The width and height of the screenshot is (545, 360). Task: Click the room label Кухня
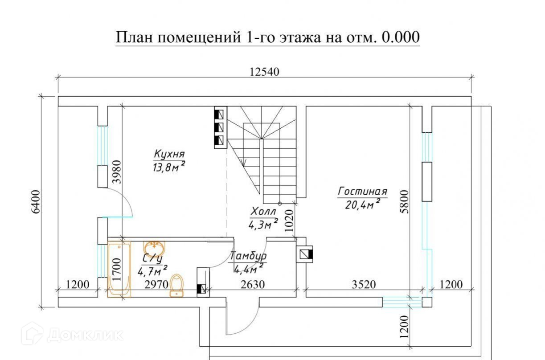pyautogui.click(x=169, y=154)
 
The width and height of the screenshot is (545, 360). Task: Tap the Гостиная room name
pyautogui.click(x=362, y=192)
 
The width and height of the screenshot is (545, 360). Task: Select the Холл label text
pyautogui.click(x=263, y=211)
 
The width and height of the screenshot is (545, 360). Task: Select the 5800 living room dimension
pyautogui.click(x=404, y=202)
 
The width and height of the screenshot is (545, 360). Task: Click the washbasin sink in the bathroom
pyautogui.click(x=154, y=248)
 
